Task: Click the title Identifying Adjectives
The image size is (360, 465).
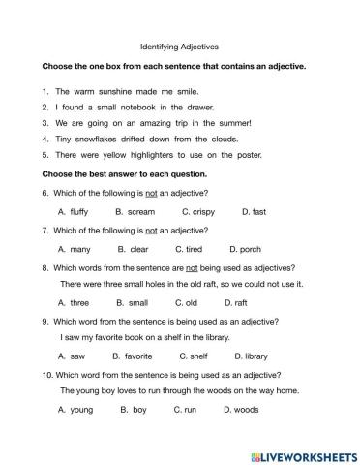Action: coord(180,45)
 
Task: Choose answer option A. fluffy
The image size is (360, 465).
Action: coord(74,210)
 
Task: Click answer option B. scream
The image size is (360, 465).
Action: coord(135,210)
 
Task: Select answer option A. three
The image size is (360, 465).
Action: coord(74,302)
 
